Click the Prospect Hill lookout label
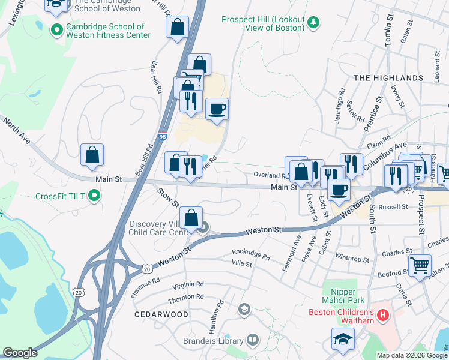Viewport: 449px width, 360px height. click(262, 23)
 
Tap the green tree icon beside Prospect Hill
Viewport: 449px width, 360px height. click(313, 23)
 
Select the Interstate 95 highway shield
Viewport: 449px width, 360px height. click(163, 137)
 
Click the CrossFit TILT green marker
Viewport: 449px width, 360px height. click(94, 196)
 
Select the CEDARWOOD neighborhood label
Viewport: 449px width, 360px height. click(161, 314)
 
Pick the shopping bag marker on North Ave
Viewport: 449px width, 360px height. click(92, 155)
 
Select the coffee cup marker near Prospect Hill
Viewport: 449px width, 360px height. click(217, 109)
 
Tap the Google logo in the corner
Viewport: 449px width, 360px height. click(20, 353)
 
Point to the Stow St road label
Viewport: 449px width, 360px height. click(169, 197)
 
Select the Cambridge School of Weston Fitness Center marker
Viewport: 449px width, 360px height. click(58, 29)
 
